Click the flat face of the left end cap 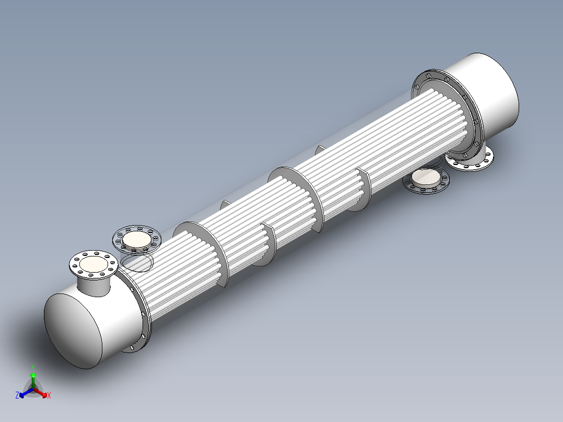pyautogui.click(x=73, y=331)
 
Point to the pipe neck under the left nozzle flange pyautogui.click(x=94, y=286)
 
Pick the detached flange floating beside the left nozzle pyautogui.click(x=136, y=239)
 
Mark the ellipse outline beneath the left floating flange pyautogui.click(x=136, y=263)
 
